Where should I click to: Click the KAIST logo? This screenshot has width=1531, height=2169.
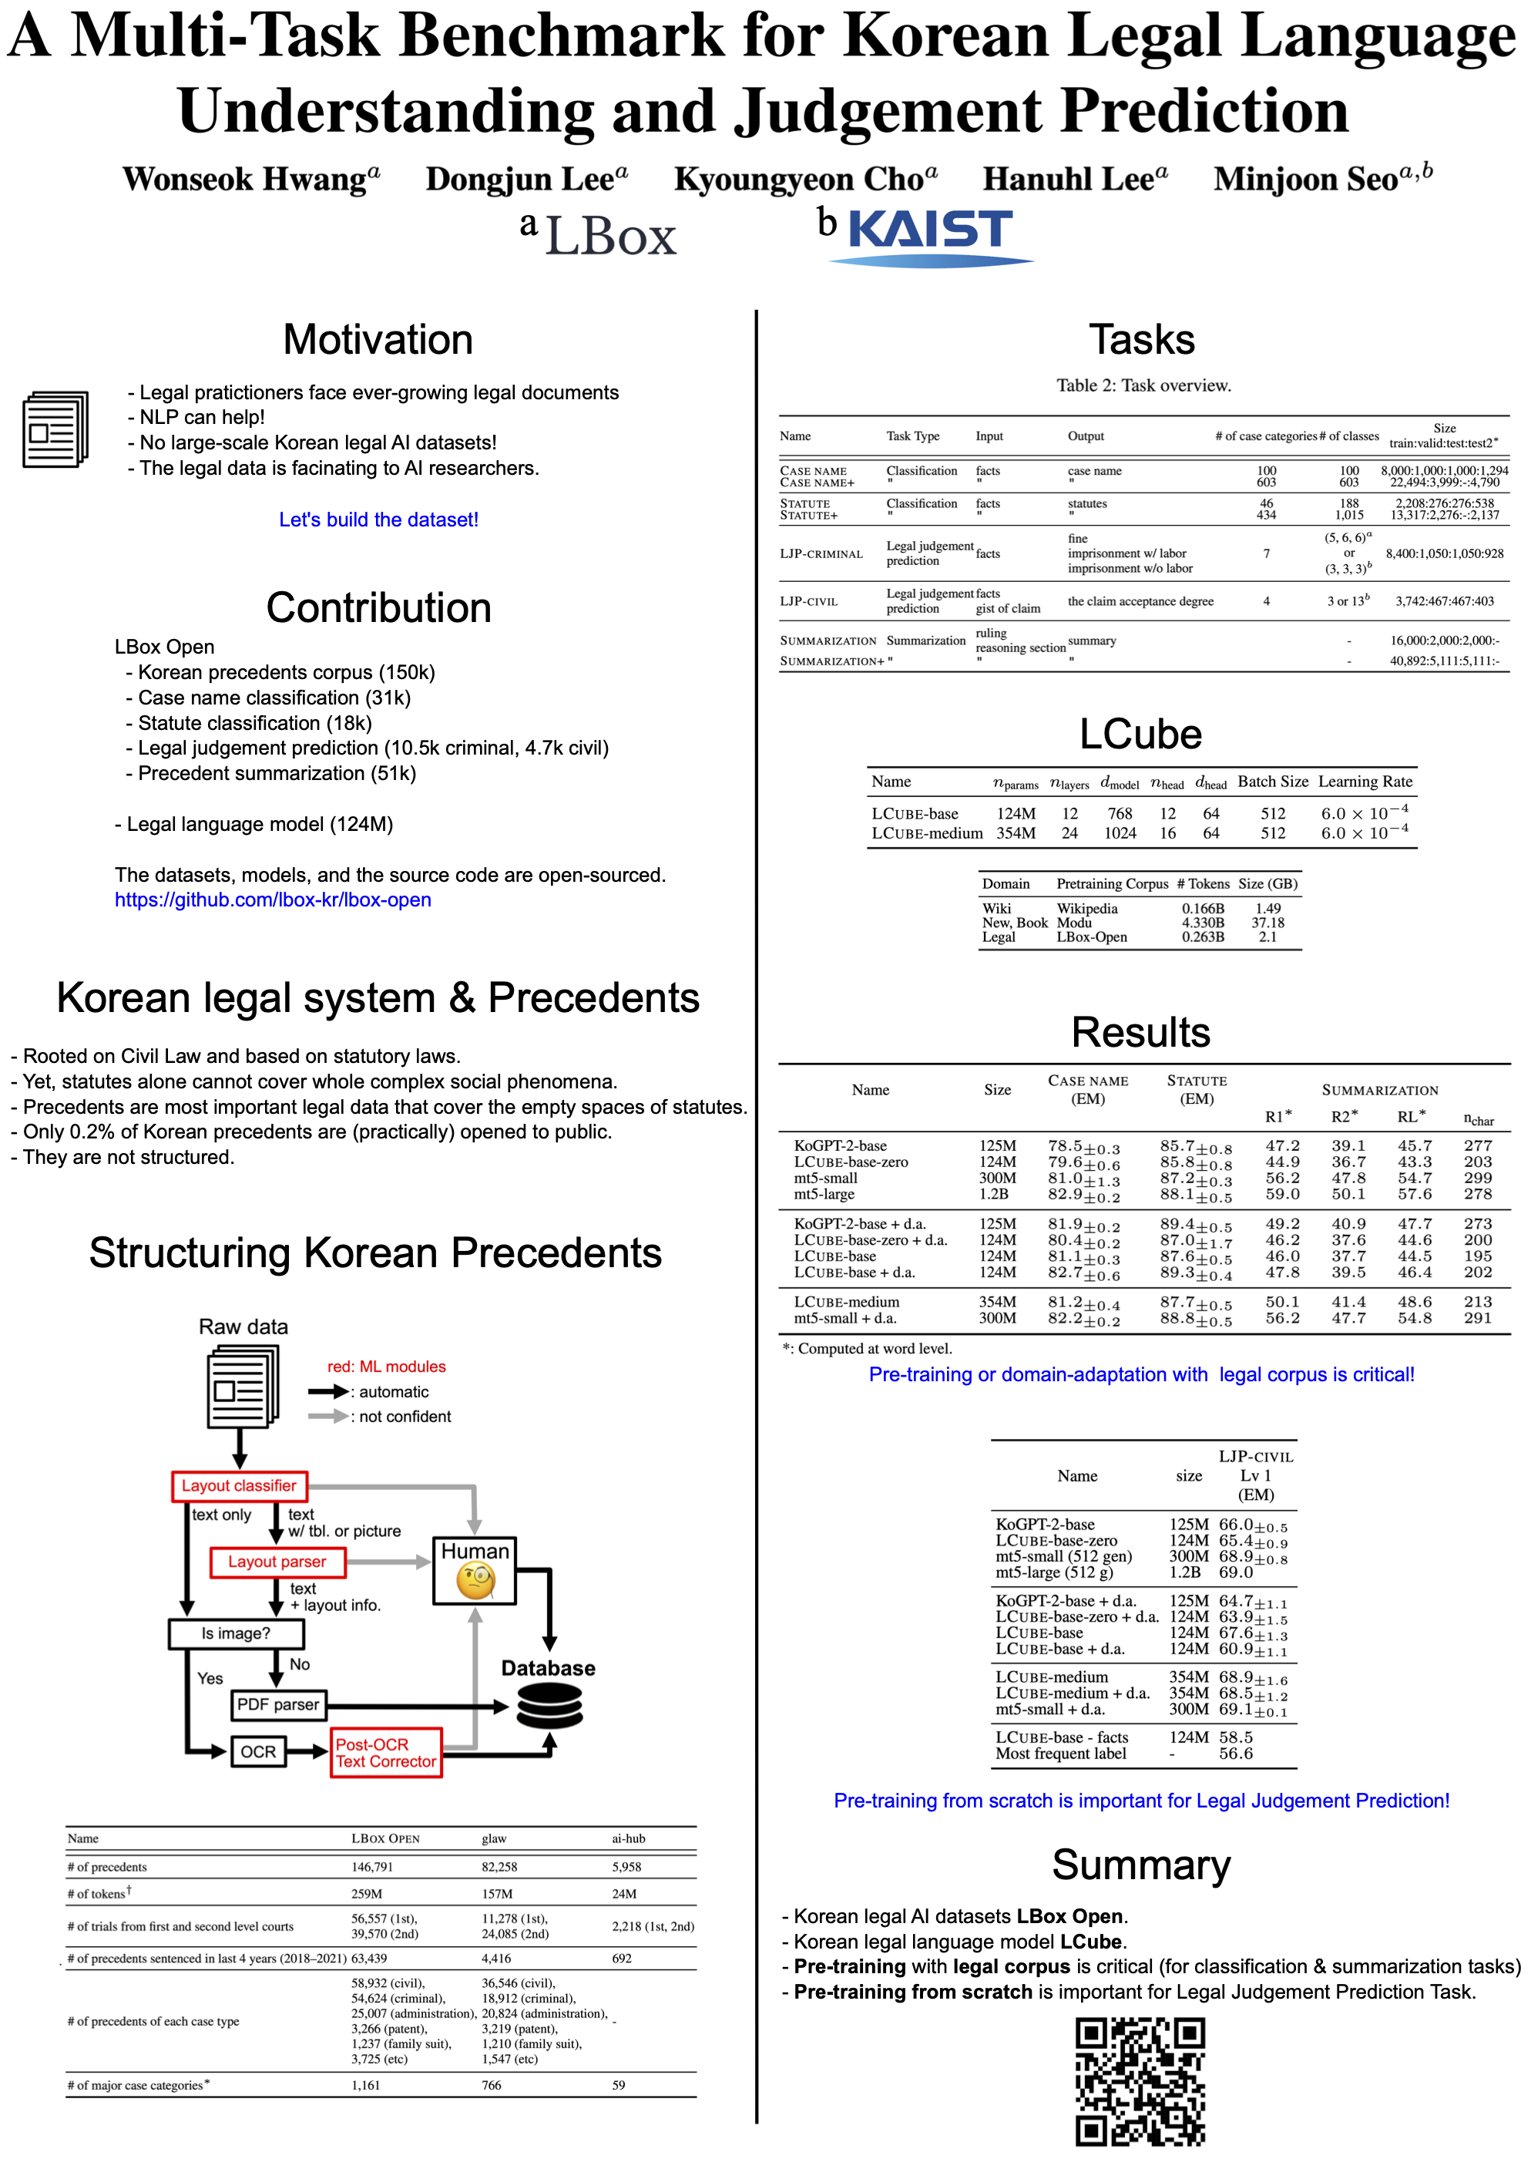click(x=930, y=234)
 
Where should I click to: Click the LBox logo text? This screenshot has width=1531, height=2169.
click(x=610, y=236)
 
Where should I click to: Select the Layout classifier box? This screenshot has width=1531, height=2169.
click(x=239, y=1486)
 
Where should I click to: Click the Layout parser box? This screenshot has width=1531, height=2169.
click(x=277, y=1562)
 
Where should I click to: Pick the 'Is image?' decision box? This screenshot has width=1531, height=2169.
click(x=236, y=1633)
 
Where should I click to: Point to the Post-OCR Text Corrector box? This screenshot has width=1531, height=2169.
click(x=385, y=1753)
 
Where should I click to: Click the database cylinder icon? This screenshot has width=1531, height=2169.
click(x=549, y=1708)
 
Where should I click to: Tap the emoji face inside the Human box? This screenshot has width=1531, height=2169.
click(x=476, y=1579)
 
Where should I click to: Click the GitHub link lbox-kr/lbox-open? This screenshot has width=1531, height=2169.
click(x=273, y=900)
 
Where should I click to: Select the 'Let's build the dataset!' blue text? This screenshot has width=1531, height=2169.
click(x=379, y=520)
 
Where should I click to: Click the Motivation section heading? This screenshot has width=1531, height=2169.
click(x=378, y=340)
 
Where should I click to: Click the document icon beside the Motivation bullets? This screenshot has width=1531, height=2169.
click(x=55, y=430)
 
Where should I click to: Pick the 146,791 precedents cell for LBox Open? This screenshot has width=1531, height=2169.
click(x=372, y=1867)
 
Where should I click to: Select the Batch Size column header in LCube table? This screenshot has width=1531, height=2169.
click(x=1272, y=782)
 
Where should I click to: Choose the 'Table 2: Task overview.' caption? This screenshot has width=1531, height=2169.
click(x=1143, y=385)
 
